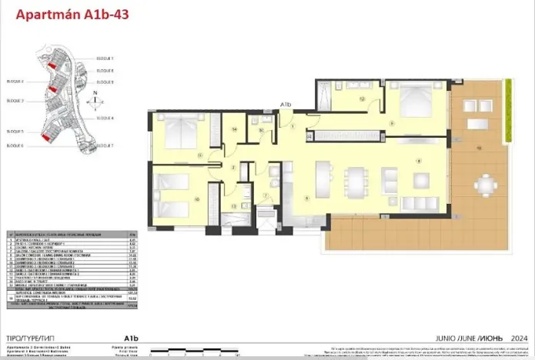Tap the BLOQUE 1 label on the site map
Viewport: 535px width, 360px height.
105,58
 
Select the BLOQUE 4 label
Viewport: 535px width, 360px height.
105,118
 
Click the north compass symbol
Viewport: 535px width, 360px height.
94,99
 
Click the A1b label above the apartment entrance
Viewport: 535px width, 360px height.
285,104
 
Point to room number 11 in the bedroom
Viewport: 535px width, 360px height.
199,155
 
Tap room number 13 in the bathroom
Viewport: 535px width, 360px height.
233,205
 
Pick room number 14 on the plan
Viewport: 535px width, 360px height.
234,130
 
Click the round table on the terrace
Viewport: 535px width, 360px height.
483,185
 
